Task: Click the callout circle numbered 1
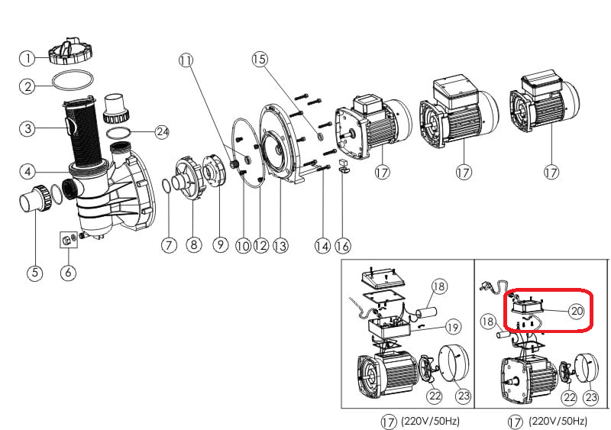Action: (x=27, y=58)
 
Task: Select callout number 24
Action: (x=161, y=131)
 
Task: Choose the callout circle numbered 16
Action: (x=343, y=245)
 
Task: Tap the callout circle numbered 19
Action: (x=452, y=327)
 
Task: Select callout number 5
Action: (x=34, y=273)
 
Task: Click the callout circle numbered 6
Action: (x=69, y=273)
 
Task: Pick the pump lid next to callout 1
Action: (x=69, y=50)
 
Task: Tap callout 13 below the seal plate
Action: (x=280, y=245)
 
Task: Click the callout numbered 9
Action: (x=220, y=245)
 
